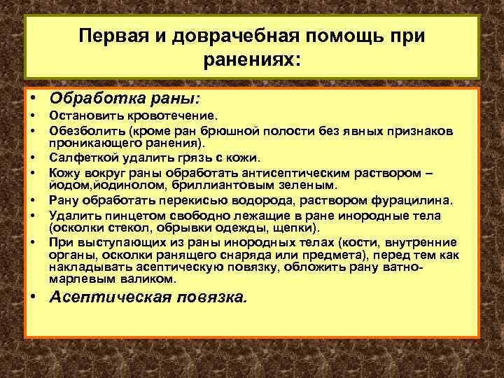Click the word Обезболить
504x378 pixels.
(x=78, y=131)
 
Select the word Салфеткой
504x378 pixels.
(x=76, y=157)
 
